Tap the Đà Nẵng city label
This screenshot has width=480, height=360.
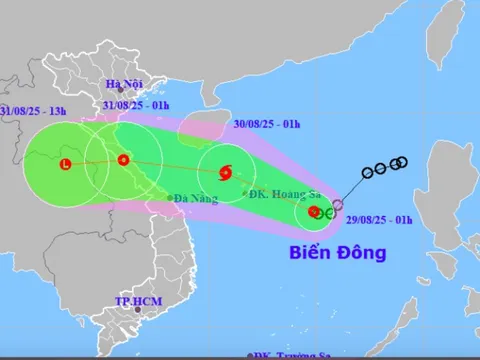[x=195, y=198]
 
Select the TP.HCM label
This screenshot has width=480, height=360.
[x=137, y=301]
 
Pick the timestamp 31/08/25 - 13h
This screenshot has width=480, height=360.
[x=36, y=109]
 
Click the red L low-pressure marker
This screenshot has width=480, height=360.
[x=66, y=165]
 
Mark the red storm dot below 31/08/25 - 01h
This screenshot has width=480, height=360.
[x=123, y=160]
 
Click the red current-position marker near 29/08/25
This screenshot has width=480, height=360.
[x=314, y=211]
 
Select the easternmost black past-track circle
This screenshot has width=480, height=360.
[x=403, y=162]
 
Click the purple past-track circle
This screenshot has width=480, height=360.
[x=337, y=204]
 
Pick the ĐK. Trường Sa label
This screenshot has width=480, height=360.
[x=290, y=355]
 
